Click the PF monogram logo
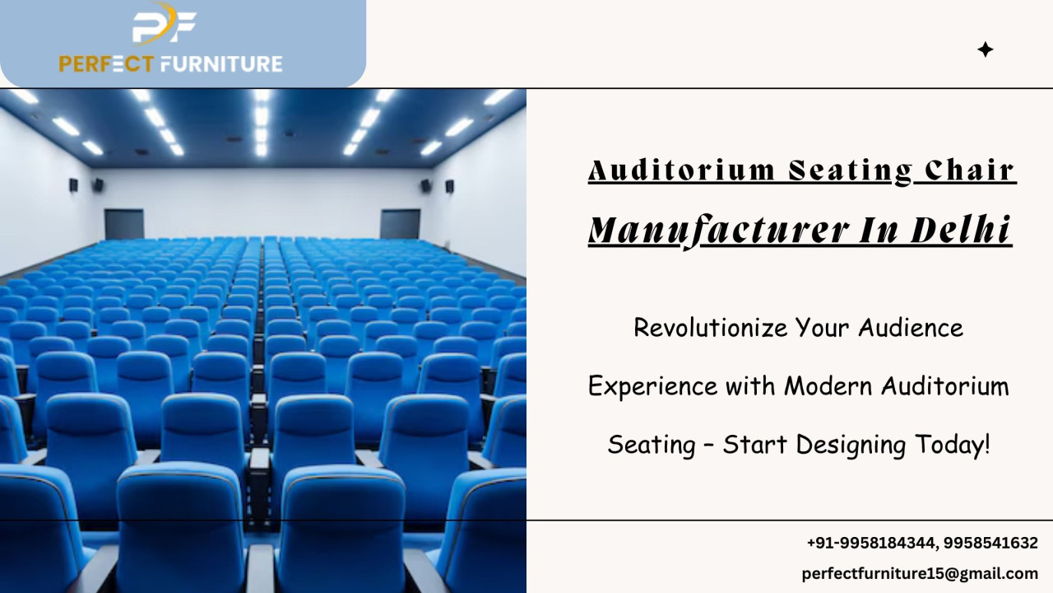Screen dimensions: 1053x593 pos(164,24)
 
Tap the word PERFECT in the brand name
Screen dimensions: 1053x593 pos(106,64)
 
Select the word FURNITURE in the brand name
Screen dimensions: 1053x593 pos(221,64)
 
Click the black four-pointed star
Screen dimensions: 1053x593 pos(986,49)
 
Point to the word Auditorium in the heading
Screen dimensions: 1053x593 pos(681,170)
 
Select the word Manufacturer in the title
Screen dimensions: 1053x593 pos(718,231)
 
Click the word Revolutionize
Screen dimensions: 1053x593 pos(710,327)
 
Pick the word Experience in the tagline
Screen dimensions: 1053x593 pos(653,386)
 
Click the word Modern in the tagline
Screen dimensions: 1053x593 pos(828,386)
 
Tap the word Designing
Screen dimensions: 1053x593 pos(851,445)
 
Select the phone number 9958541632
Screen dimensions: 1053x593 pos(990,543)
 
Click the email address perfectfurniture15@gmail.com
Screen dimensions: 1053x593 pos(920,573)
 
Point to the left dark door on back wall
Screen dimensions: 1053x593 pos(124,224)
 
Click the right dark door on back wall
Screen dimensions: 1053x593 pos(400,224)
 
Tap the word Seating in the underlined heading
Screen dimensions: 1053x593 pos(851,171)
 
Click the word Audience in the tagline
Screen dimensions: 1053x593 pos(911,327)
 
